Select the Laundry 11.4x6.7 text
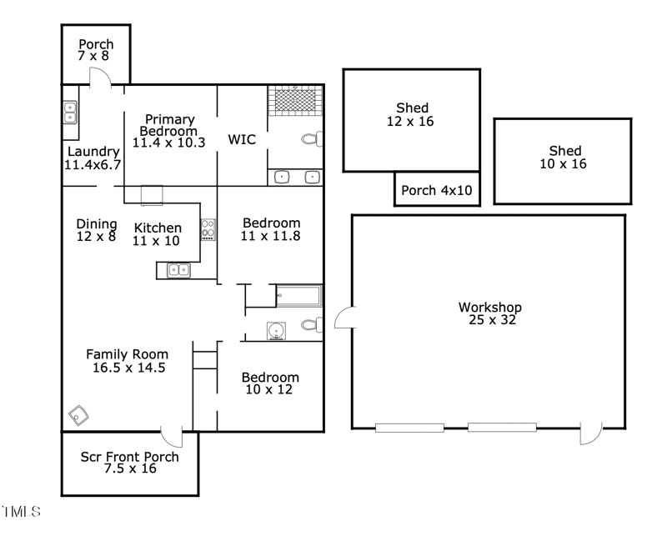[93, 158]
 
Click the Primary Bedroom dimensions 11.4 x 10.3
[168, 143]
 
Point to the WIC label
[242, 139]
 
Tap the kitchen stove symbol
[208, 229]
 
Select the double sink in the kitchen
[178, 270]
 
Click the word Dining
[96, 223]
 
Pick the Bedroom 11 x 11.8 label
[271, 229]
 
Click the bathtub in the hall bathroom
[298, 296]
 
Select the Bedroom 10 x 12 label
[271, 383]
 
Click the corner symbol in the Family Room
[80, 414]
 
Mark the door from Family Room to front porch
[172, 435]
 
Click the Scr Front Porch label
[129, 463]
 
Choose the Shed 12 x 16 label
[412, 114]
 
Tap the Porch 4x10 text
[436, 191]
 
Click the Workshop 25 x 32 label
[489, 313]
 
